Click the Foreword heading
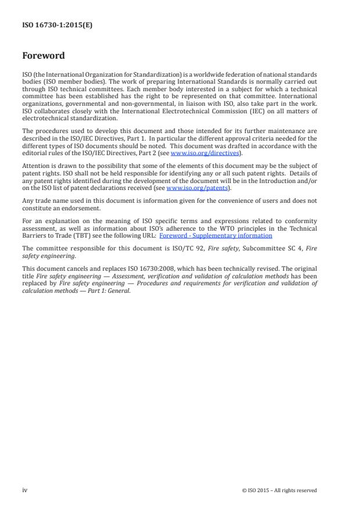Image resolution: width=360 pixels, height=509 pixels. (x=44, y=56)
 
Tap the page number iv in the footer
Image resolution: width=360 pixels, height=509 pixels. (x=25, y=490)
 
